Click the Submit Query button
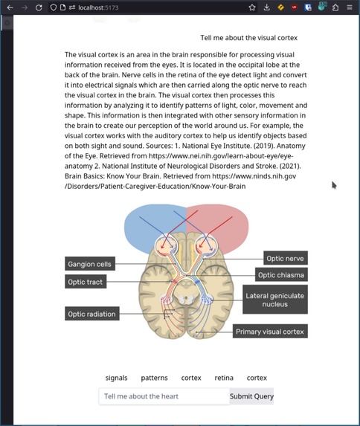point(251,396)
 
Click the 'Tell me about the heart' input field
point(164,396)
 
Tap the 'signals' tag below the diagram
point(116,378)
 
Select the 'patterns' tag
point(154,378)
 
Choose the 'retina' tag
point(224,378)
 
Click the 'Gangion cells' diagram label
point(89,264)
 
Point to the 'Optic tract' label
point(86,282)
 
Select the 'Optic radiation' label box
point(92,314)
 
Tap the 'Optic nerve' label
point(285,258)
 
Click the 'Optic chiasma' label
point(280,275)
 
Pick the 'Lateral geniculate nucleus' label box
point(274,300)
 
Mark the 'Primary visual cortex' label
point(270,332)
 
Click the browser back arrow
point(10,7)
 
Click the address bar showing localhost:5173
point(149,7)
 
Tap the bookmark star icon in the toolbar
point(252,7)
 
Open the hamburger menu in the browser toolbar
point(349,7)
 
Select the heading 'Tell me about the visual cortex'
point(248,38)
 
